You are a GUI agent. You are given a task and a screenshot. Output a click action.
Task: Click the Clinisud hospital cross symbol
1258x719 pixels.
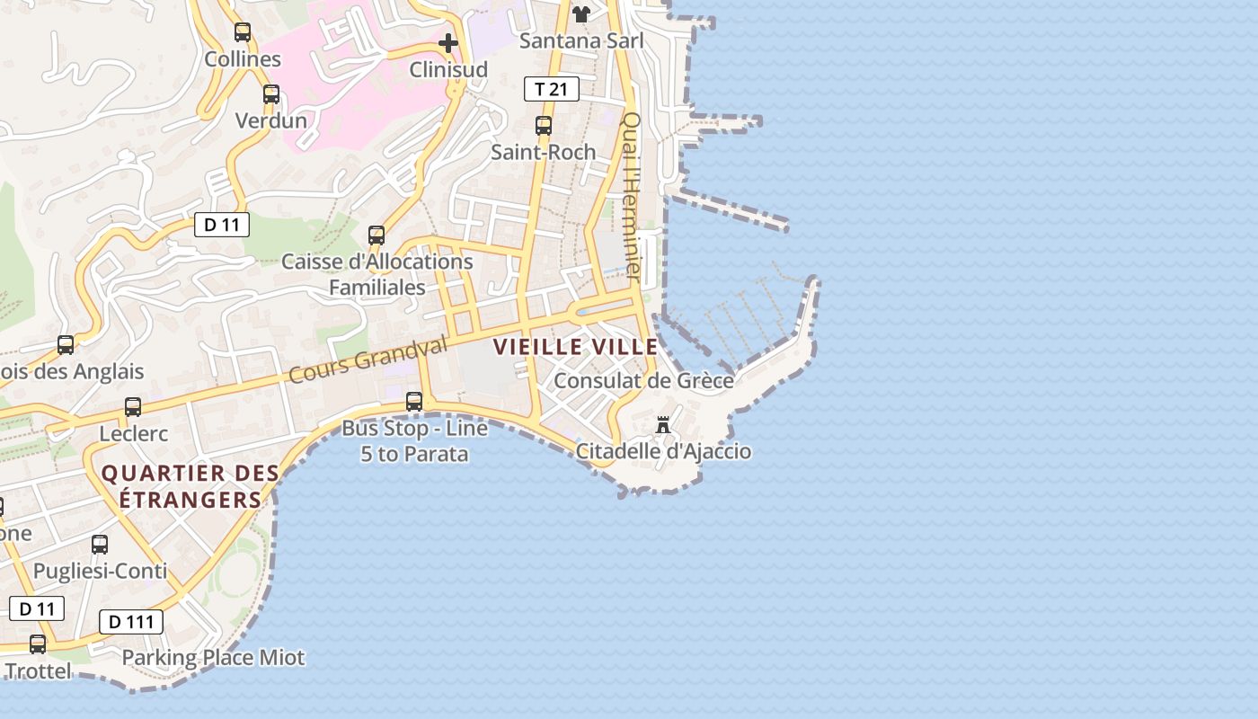tap(447, 42)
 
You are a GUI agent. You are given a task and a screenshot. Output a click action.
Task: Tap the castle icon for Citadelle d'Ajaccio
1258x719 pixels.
tap(663, 425)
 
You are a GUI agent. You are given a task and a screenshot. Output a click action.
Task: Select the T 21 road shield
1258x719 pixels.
tap(551, 89)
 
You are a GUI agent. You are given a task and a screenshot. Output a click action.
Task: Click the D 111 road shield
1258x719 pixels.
tap(131, 621)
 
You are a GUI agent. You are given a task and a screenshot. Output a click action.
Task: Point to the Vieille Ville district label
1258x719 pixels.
tap(576, 347)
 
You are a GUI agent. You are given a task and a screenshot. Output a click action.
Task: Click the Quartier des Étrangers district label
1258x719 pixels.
tap(190, 486)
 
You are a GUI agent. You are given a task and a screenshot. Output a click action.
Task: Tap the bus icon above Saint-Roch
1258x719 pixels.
tap(543, 126)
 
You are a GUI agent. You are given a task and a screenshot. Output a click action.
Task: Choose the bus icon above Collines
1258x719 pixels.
tap(243, 32)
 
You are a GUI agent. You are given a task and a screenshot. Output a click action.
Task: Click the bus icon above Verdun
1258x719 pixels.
tap(270, 94)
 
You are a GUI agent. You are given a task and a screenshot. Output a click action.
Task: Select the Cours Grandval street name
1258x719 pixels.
tap(368, 359)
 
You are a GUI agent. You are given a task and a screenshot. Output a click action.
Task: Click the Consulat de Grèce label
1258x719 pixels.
tap(643, 380)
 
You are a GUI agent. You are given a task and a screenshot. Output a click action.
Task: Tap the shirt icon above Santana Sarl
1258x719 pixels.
tap(581, 14)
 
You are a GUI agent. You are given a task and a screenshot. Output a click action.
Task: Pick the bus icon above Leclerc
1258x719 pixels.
tap(133, 407)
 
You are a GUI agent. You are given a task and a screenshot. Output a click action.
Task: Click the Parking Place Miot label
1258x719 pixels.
tap(213, 658)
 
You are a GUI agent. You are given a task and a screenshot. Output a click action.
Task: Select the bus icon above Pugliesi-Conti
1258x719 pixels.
tap(100, 545)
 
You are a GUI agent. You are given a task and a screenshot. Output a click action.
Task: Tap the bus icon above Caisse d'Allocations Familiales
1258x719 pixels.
tap(377, 235)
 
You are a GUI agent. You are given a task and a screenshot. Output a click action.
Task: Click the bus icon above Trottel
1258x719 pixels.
tap(38, 644)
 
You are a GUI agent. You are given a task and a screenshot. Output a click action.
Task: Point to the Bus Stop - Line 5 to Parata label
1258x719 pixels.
tap(414, 441)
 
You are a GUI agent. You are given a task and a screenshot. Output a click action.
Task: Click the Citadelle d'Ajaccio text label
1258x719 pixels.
tap(663, 451)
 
